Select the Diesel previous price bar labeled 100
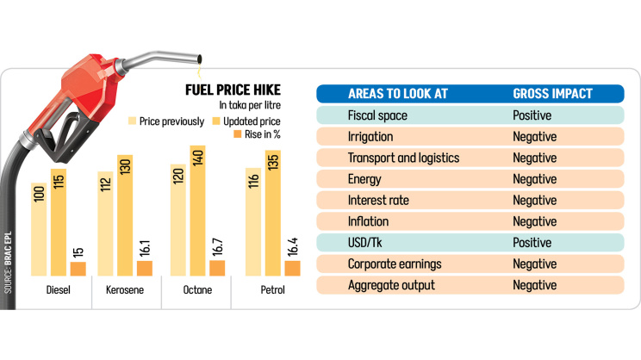pos(38,228)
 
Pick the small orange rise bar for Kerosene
pos(144,269)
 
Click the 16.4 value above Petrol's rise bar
pos(293,244)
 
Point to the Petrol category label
pos(273,290)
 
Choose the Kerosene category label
pos(125,290)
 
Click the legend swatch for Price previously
pos(134,121)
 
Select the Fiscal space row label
pos(377,115)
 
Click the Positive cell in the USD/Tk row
pos(532,243)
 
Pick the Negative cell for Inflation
pos(534,221)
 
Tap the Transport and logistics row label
pos(403,158)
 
